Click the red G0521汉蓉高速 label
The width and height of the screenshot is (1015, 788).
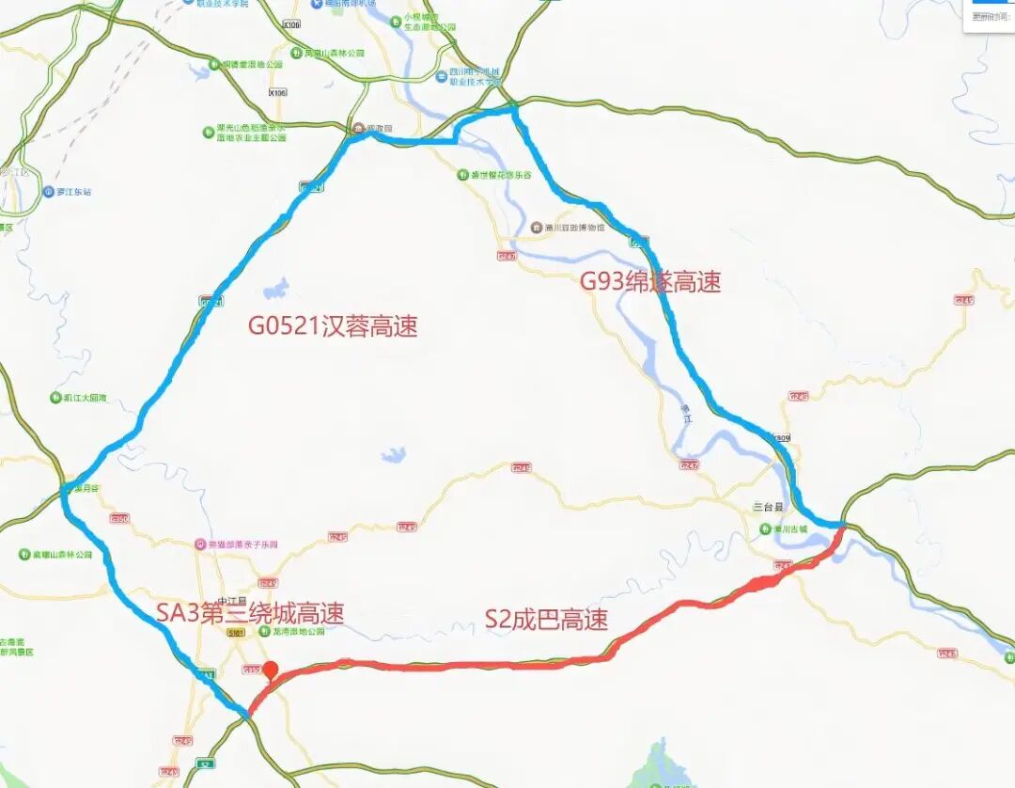tap(333, 326)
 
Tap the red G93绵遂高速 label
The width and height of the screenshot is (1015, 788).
tap(649, 281)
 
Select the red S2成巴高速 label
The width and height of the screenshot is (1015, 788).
tap(546, 619)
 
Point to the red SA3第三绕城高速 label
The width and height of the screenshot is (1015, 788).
tap(250, 613)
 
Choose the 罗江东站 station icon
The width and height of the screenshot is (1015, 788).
tap(49, 192)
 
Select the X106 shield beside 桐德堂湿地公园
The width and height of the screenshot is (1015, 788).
tap(277, 92)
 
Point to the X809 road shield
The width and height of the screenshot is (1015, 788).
tap(780, 438)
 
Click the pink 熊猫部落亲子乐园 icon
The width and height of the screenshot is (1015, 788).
tap(199, 544)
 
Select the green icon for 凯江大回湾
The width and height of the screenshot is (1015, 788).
tap(55, 398)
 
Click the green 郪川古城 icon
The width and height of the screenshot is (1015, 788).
tap(765, 529)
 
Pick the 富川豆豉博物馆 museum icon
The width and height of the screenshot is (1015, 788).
tap(537, 228)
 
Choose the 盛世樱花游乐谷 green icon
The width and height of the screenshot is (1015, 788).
tap(462, 175)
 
